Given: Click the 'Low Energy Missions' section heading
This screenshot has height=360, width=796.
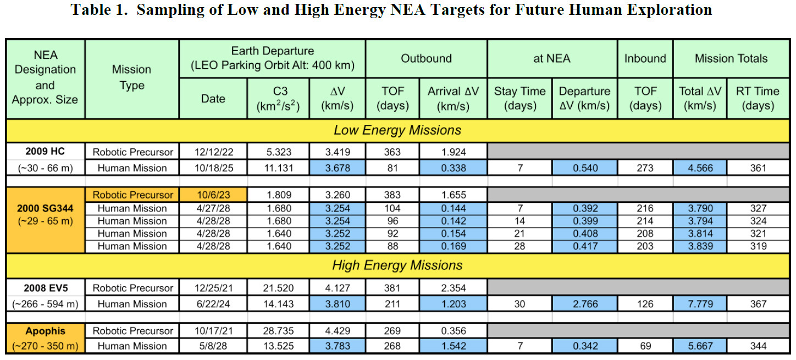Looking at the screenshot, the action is [x=397, y=130].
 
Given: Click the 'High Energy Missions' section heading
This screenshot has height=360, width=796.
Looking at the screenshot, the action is [x=397, y=265].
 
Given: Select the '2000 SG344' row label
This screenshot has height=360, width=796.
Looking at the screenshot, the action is [x=45, y=208].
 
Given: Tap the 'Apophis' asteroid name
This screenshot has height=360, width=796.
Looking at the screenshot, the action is [x=45, y=331].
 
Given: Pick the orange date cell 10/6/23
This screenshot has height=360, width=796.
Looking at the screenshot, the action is [x=213, y=195].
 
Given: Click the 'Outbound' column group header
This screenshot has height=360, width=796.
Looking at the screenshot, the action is [x=426, y=58].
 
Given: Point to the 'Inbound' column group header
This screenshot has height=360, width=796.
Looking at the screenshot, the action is [x=645, y=58].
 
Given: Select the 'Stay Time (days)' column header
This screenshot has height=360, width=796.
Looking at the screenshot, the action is [x=519, y=98].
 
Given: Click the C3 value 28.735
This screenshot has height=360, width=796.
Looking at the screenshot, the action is [x=278, y=331].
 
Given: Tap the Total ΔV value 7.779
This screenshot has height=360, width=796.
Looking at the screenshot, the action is [x=700, y=304].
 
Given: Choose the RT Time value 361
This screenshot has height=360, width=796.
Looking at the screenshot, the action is [x=758, y=168].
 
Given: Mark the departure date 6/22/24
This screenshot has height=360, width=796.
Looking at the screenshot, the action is [x=213, y=304].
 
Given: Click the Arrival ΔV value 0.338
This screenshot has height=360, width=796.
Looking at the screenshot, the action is [x=454, y=168].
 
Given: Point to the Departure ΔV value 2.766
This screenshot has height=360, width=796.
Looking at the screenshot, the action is [x=585, y=304].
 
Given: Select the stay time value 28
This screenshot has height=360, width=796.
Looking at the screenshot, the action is [x=519, y=246].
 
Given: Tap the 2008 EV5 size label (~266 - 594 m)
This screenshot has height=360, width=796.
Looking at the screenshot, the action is [x=45, y=304].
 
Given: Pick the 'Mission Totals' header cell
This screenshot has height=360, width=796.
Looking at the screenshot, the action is [x=731, y=58].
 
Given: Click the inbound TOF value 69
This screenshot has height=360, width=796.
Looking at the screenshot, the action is [x=645, y=346].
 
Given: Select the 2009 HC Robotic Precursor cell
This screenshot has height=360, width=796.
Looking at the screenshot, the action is [x=132, y=152].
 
